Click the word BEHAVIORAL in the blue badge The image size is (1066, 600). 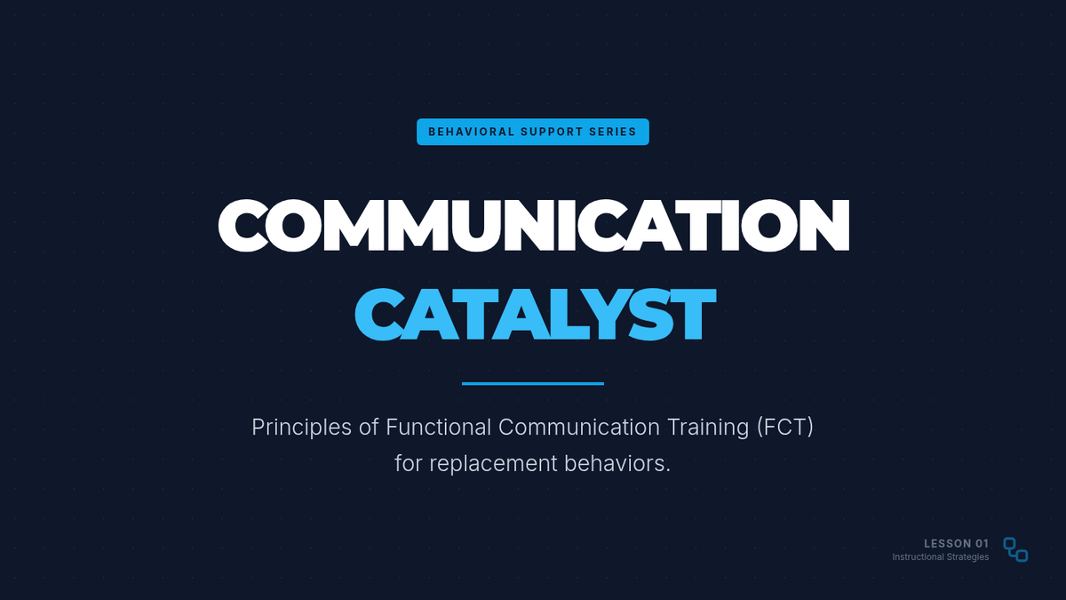click(472, 132)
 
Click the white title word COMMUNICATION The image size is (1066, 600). click(534, 225)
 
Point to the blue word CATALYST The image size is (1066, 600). click(535, 315)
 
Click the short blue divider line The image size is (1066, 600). click(532, 383)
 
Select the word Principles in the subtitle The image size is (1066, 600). click(302, 428)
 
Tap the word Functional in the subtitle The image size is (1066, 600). click(438, 427)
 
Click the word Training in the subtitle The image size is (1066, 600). click(708, 428)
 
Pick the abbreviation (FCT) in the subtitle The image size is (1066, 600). click(785, 428)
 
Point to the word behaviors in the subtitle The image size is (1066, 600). click(615, 463)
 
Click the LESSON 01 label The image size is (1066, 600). click(956, 543)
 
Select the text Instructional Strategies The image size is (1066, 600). click(941, 557)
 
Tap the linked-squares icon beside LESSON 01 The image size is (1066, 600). click(1015, 550)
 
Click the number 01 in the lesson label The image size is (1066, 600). click(982, 543)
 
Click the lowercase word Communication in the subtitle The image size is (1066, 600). click(579, 427)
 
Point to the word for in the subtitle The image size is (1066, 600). click(409, 463)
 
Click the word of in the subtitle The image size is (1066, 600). click(369, 427)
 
